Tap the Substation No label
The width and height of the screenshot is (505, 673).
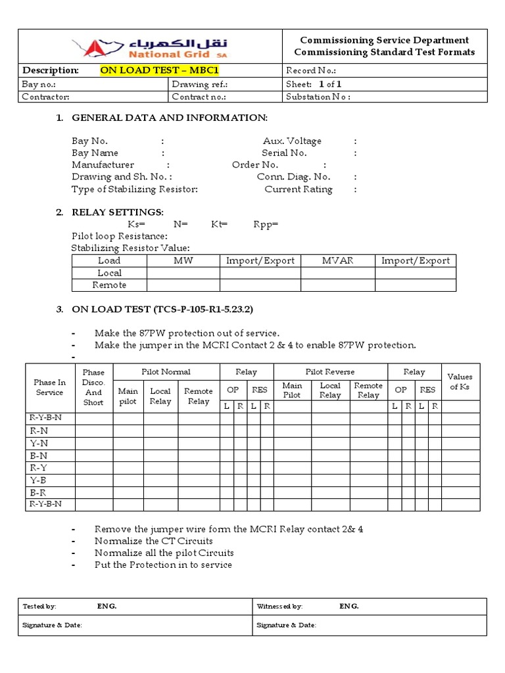pyautogui.click(x=318, y=97)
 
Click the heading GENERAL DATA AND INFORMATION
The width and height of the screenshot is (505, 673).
pyautogui.click(x=170, y=118)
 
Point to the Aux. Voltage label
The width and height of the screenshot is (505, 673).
pyautogui.click(x=292, y=141)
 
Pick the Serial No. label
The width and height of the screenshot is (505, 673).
pyautogui.click(x=284, y=152)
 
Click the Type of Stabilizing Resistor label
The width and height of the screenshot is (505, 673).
pyautogui.click(x=135, y=189)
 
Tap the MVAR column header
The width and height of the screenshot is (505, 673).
pyautogui.click(x=337, y=261)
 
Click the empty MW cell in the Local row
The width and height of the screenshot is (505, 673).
pyautogui.click(x=183, y=273)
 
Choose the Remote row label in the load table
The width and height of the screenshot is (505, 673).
pyautogui.click(x=109, y=285)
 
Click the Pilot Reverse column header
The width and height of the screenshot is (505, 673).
pyautogui.click(x=330, y=372)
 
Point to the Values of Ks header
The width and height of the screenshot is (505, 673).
pyautogui.click(x=460, y=382)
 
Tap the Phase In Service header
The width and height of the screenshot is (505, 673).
pyautogui.click(x=50, y=388)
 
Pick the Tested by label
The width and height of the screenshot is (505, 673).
pyautogui.click(x=39, y=606)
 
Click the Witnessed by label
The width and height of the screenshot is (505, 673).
pyautogui.click(x=279, y=606)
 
